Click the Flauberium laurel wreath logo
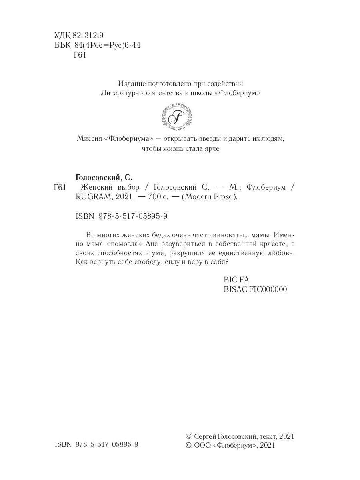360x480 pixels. coord(176,117)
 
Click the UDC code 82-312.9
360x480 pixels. coord(88,35)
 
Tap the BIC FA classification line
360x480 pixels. coord(236,280)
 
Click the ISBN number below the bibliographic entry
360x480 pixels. coord(121,216)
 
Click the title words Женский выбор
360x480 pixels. coord(110,187)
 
